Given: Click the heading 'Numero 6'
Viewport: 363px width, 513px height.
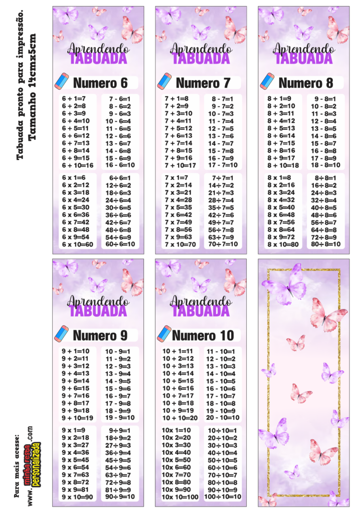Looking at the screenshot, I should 100,83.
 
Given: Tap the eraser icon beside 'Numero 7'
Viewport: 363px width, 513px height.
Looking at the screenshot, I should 164,82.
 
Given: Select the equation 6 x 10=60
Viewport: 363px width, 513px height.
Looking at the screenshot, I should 78,244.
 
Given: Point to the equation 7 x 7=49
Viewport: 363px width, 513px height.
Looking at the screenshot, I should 178,222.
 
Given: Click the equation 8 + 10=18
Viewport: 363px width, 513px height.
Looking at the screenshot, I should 283,165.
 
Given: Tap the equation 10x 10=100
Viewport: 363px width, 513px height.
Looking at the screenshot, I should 180,497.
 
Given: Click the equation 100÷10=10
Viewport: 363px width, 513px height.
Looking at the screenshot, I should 223,497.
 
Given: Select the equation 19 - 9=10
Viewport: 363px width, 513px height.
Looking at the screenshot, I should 120,418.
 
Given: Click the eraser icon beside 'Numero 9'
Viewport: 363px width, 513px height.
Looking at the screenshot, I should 61,334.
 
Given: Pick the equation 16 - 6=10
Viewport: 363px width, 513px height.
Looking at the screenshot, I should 120,165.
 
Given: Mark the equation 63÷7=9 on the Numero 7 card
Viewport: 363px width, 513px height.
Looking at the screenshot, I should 221,237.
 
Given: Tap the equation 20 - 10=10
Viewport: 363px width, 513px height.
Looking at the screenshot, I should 223,418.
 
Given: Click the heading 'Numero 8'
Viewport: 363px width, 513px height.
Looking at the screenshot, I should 306,83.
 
